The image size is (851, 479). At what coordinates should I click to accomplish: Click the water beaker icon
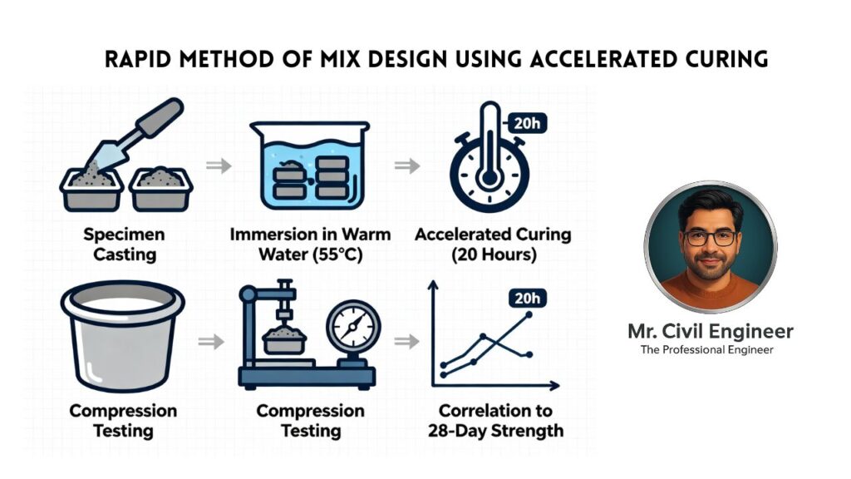point(309,165)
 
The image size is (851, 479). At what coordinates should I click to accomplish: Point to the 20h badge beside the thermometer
point(526,123)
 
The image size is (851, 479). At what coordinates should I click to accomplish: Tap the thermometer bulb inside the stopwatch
point(489,178)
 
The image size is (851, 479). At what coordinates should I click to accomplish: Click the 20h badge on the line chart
point(527,299)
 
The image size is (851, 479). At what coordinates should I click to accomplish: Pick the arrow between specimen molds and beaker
point(219,165)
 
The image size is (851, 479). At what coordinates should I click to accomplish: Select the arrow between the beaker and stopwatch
point(407,165)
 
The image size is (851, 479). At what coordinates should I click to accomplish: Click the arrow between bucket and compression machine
point(211,342)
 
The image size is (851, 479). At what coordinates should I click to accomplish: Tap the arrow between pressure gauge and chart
point(406,342)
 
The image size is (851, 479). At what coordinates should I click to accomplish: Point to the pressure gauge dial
point(353,328)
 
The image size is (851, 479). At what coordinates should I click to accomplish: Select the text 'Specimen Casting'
point(125,244)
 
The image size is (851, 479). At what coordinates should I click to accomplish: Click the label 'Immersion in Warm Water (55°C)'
point(310,244)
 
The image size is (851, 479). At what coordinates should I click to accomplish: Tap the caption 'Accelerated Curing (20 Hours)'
point(494,244)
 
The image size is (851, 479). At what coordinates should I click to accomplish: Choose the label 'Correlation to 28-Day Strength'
point(495,420)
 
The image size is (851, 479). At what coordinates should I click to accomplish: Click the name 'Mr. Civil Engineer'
point(711,331)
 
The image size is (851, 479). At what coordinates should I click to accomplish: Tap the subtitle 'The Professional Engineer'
point(706,350)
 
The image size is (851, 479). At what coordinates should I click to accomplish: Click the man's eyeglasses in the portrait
point(710,237)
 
